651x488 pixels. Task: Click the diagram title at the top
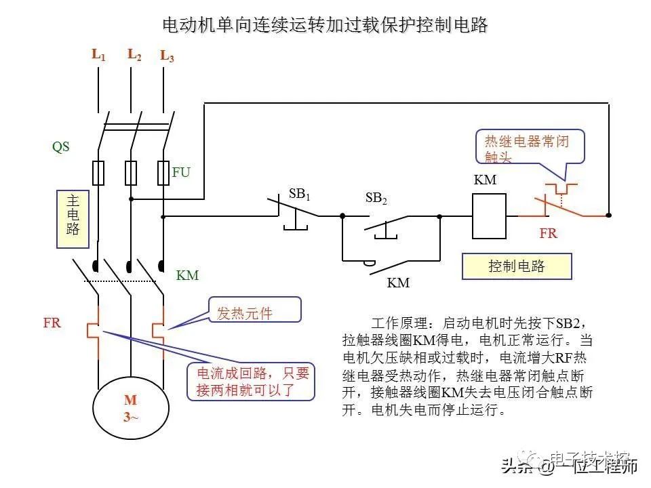coord(325,26)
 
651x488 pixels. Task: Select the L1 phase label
coord(98,55)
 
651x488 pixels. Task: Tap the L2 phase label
coord(134,55)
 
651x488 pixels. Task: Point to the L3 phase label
coord(167,56)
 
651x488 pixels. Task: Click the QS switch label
coord(61,146)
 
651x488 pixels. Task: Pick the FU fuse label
coord(181,172)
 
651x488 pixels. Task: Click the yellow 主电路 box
coord(73,216)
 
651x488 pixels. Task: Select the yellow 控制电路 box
coord(517,266)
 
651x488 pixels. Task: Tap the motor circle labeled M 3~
coord(130,408)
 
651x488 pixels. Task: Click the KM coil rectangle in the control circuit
coord(489,216)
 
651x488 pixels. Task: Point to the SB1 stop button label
coord(299,194)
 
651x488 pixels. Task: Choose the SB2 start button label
coord(376,199)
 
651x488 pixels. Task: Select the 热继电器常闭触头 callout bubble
coord(530,148)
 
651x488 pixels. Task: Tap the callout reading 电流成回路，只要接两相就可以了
coord(252,382)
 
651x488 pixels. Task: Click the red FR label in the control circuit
coord(548,234)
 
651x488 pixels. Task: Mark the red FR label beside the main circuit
coord(52,323)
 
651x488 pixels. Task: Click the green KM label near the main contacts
coord(188,276)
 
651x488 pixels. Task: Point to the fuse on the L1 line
coord(98,173)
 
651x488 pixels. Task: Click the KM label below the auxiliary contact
coord(398,283)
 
